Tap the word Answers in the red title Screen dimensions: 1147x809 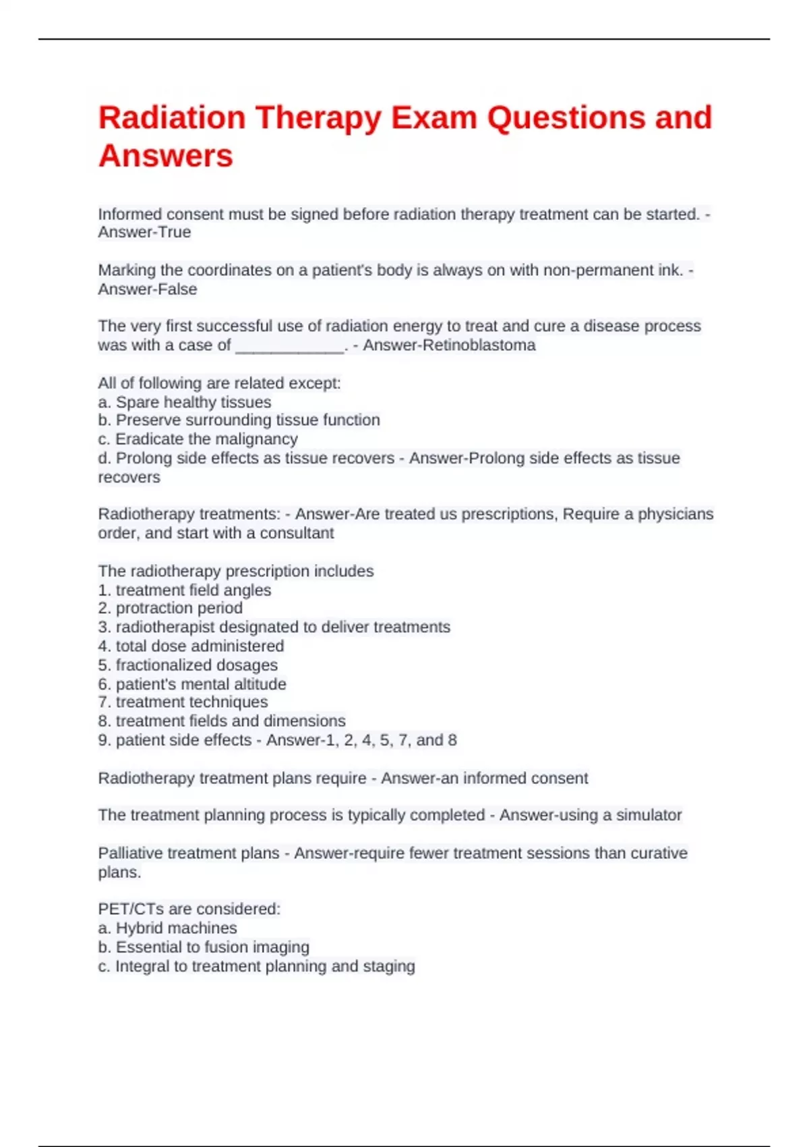[166, 157]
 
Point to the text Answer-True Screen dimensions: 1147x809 [144, 233]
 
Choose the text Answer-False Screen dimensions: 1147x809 [148, 289]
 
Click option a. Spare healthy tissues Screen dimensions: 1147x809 [185, 402]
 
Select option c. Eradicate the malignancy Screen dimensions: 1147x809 [198, 439]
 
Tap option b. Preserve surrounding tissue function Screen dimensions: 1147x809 [239, 420]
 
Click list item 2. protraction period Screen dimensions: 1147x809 [170, 608]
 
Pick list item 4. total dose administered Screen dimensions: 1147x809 [191, 646]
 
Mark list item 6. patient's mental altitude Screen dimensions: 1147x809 [192, 684]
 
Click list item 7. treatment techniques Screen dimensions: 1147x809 [183, 702]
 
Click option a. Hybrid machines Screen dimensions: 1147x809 [167, 928]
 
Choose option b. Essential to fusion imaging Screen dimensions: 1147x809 [204, 947]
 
